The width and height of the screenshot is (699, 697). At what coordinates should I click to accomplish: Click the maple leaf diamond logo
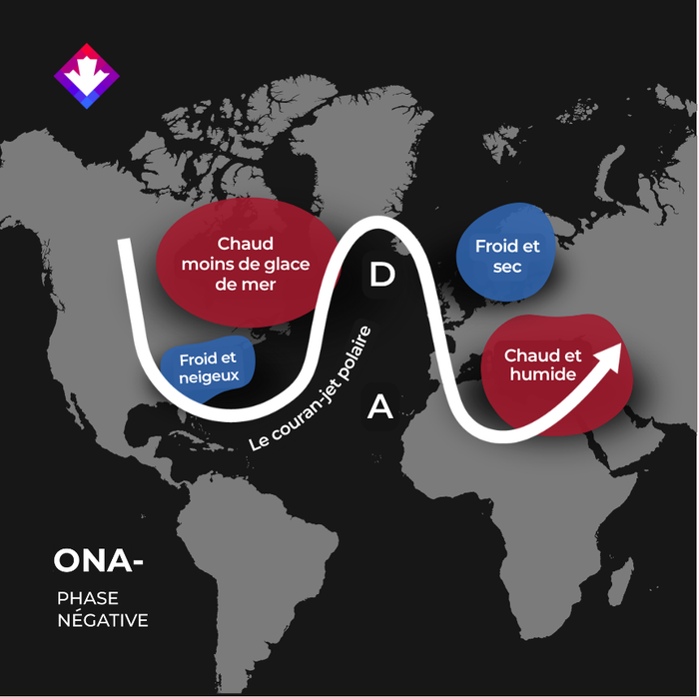[x=87, y=76]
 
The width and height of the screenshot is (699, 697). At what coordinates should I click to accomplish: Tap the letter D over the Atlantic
[x=382, y=274]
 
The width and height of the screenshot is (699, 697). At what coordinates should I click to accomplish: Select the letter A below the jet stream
[x=379, y=406]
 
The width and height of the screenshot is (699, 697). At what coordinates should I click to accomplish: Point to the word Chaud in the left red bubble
[x=246, y=244]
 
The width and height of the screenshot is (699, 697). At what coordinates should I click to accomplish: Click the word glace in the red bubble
[x=288, y=265]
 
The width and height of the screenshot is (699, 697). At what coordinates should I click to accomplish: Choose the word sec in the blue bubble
[x=507, y=267]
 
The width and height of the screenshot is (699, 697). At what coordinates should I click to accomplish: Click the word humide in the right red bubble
[x=543, y=373]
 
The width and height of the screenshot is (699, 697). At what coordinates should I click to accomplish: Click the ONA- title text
[x=98, y=560]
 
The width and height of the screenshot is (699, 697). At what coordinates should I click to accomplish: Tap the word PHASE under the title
[x=88, y=598]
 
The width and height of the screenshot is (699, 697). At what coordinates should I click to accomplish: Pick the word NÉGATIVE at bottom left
[x=103, y=619]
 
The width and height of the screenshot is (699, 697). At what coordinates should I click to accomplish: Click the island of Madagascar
[x=621, y=581]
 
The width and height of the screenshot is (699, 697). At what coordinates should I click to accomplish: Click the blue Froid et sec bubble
[x=506, y=252]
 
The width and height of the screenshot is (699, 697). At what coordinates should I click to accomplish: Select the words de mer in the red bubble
[x=246, y=285]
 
